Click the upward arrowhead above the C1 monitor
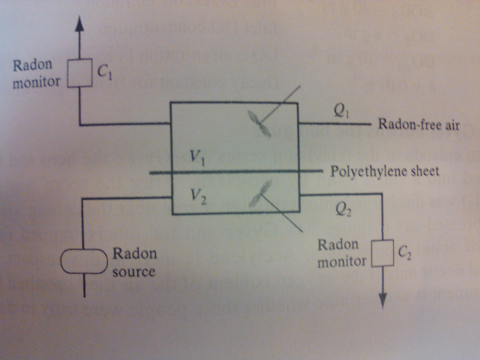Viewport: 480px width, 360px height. [79, 23]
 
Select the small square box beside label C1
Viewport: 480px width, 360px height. [80, 73]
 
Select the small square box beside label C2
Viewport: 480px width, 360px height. [382, 254]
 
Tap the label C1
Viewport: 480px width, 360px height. [104, 72]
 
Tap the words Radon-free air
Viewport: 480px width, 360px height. [419, 125]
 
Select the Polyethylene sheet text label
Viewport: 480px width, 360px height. [385, 171]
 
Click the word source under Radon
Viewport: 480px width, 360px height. [134, 272]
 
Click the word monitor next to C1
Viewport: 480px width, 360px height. [36, 82]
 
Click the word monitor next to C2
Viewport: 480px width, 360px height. [342, 262]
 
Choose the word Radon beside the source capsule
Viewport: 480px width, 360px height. [135, 254]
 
